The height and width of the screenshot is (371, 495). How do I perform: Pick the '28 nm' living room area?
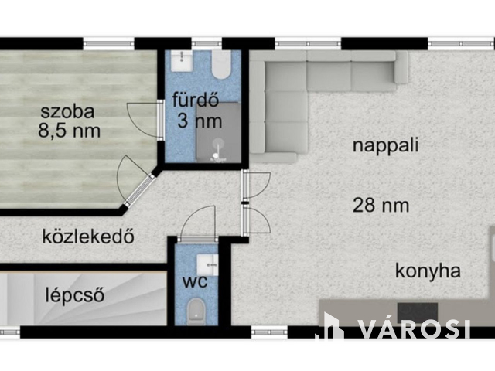tap(381, 205)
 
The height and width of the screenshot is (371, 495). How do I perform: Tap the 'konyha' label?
tap(428, 271)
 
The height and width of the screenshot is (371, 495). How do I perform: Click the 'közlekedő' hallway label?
tap(88, 237)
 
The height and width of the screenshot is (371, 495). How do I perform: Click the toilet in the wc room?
tap(196, 312)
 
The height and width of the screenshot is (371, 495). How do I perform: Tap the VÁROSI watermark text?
tap(414, 328)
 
